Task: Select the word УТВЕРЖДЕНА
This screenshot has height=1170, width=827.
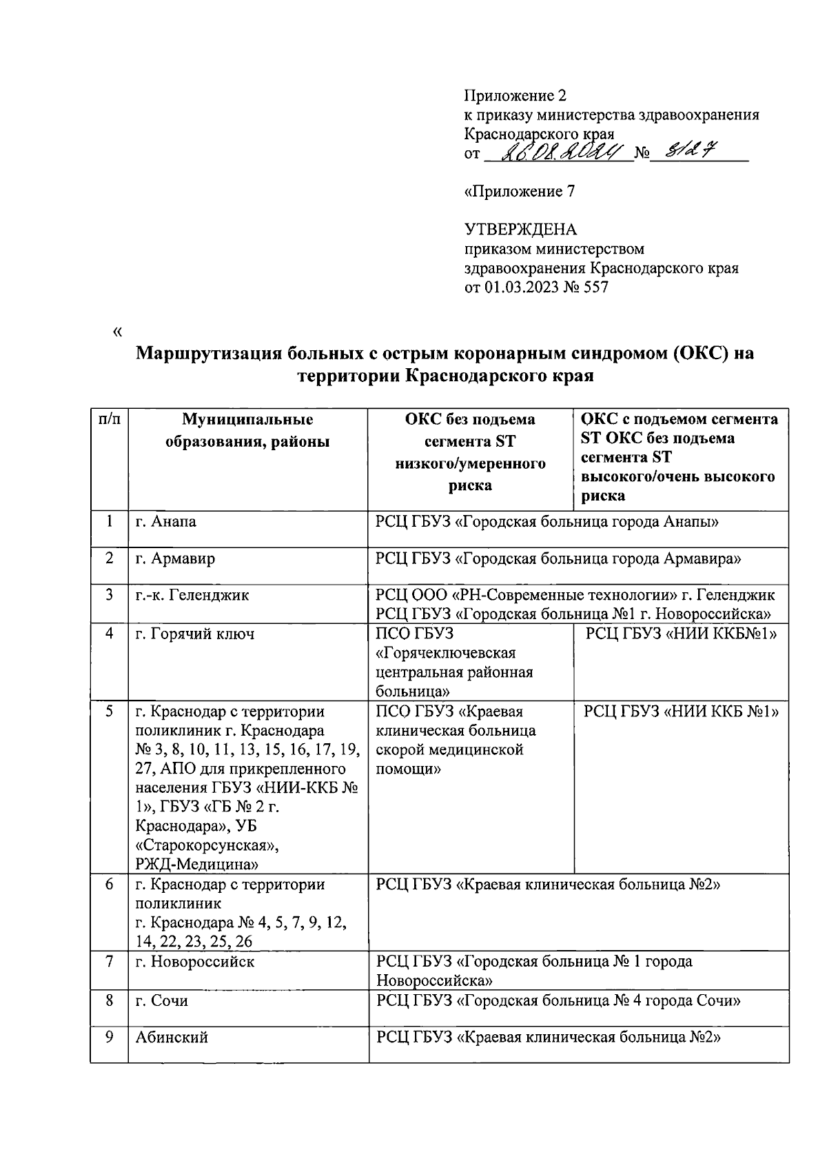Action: pos(521,230)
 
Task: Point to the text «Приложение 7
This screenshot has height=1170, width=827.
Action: pos(520,192)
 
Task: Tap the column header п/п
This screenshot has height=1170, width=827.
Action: pos(109,420)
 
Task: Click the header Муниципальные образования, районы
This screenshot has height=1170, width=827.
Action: pos(247,431)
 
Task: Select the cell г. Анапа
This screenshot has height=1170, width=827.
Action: pos(165,522)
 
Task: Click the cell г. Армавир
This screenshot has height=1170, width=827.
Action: pos(174,558)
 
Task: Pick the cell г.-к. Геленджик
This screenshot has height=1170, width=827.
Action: pos(192,595)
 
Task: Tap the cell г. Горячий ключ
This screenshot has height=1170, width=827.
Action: pos(194,634)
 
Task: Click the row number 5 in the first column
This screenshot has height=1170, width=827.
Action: pos(109,711)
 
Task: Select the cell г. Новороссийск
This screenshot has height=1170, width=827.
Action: pos(194,962)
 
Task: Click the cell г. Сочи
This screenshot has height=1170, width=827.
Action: pos(161,1001)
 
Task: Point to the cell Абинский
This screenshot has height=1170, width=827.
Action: pos(172,1038)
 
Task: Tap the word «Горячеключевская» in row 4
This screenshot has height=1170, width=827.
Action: pos(446,653)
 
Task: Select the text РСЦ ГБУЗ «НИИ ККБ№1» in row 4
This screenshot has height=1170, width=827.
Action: pos(681,634)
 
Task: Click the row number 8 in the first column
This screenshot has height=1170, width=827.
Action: pos(109,1000)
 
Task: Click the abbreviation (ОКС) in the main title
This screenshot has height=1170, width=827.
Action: pos(697,354)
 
